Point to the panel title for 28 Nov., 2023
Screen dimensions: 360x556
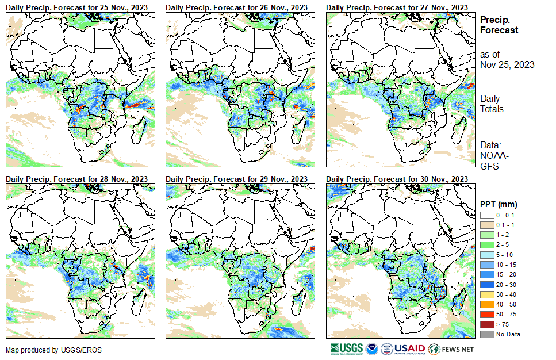pos(77,179)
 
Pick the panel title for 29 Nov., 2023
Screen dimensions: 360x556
pos(237,179)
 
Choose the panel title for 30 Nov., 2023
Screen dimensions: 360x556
pos(397,179)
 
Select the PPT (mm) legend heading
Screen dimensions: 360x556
pos(499,204)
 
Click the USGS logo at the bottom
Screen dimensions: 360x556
pos(346,348)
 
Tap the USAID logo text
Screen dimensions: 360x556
pos(409,348)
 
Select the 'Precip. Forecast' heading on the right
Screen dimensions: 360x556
pos(499,25)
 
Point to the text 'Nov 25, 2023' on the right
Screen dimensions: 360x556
pos(507,64)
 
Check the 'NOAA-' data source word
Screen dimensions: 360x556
pos(493,156)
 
